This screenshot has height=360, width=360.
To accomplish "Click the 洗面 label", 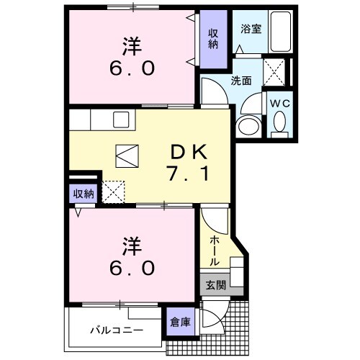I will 241,81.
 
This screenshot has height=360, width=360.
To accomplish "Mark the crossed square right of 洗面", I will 274,72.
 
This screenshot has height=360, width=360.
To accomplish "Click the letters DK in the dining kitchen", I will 189,152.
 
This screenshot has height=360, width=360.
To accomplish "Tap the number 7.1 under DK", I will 189,174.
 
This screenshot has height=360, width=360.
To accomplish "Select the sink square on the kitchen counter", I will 120,119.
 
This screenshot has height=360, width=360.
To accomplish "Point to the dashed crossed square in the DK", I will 114,191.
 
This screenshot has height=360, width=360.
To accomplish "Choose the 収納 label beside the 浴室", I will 213,39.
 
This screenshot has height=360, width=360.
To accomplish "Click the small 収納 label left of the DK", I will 83,194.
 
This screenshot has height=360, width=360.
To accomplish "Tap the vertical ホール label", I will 214,251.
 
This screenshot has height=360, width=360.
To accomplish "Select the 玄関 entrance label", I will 214,286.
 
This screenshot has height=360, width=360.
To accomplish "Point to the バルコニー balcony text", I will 116,331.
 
